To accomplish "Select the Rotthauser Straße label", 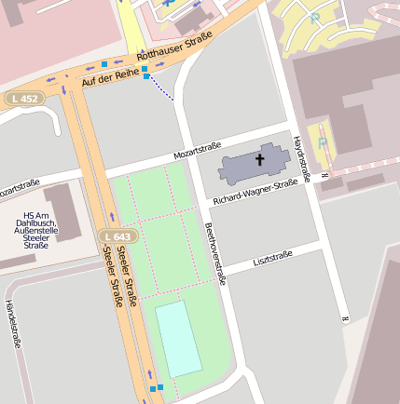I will pyautogui.click(x=175, y=47).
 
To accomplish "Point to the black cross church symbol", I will pyautogui.click(x=259, y=160).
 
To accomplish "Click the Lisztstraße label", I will pyautogui.click(x=272, y=256).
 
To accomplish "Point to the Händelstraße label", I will pyautogui.click(x=13, y=323).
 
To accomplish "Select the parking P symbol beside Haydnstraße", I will pyautogui.click(x=323, y=142).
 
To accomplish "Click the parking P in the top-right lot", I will pyautogui.click(x=315, y=17).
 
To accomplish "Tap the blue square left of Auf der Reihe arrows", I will pyautogui.click(x=104, y=64).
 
